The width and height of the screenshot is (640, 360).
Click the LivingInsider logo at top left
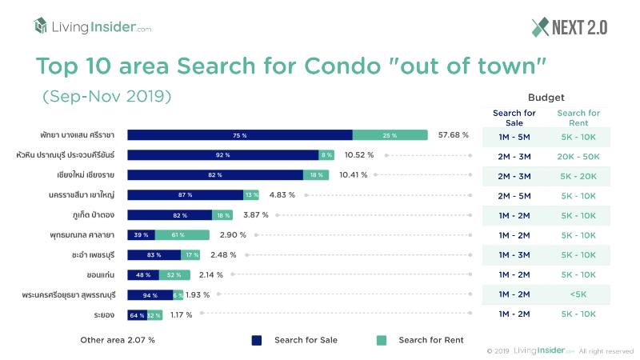pyautogui.click(x=92, y=27)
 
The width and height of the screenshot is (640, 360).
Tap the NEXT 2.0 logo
pyautogui.click(x=569, y=27)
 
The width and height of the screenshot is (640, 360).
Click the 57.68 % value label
pyautogui.click(x=454, y=134)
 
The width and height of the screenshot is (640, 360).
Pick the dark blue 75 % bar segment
pyautogui.click(x=239, y=134)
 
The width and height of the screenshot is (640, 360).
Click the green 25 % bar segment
pyautogui.click(x=390, y=134)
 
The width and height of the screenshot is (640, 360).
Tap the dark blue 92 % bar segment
pyautogui.click(x=222, y=154)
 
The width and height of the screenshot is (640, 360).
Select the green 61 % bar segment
pyautogui.click(x=182, y=234)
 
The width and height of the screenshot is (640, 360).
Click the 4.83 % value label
pyautogui.click(x=282, y=194)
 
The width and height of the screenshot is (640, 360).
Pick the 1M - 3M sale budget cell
pyautogui.click(x=514, y=254)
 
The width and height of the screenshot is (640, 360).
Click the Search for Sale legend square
pyautogui.click(x=257, y=340)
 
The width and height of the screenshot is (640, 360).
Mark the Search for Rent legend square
pyautogui.click(x=382, y=340)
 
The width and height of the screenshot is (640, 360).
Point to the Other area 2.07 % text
pyautogui.click(x=118, y=340)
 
